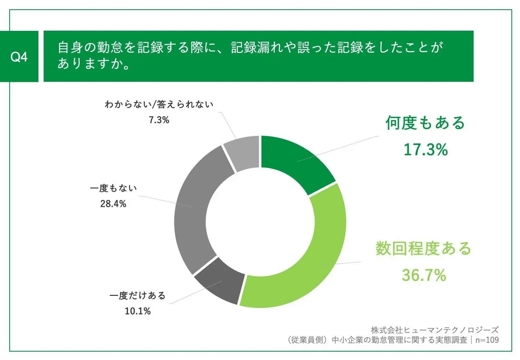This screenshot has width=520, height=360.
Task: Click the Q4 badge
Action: point(19,57)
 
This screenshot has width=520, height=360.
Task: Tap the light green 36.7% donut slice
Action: point(312,260)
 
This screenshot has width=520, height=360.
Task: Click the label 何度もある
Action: point(425,123)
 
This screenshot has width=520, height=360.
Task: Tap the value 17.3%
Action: point(425,150)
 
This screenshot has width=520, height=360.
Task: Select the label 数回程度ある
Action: point(423,249)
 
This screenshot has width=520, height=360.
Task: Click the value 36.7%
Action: point(424,275)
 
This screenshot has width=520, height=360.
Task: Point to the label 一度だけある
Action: point(137,296)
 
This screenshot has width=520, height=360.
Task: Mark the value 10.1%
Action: point(138,311)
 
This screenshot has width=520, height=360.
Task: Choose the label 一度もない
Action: point(113,188)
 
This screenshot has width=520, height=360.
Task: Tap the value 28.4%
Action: point(113,204)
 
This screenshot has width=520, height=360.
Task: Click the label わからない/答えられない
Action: point(159,104)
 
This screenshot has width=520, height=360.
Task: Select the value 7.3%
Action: point(159,120)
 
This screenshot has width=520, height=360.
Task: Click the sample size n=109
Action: point(487,340)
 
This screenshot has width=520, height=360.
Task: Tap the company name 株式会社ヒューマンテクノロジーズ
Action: point(435,330)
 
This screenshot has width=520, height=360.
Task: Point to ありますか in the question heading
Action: point(94,63)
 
